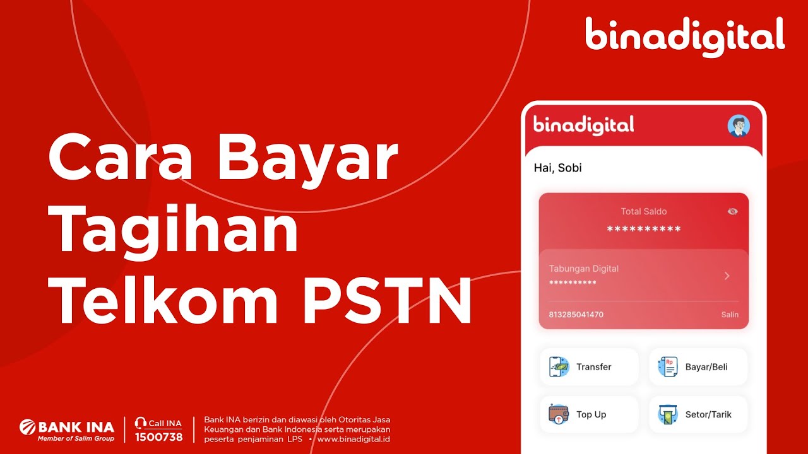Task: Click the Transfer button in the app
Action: [588, 367]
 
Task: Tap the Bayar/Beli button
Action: [698, 367]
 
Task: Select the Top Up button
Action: [588, 414]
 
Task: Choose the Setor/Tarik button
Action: [698, 414]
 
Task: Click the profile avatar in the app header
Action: [738, 125]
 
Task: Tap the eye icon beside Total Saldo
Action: [732, 212]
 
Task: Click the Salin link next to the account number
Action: [730, 315]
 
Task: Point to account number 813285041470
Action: [576, 315]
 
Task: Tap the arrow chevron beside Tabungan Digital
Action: [727, 276]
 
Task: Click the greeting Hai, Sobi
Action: [558, 168]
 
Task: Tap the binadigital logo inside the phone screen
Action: [583, 125]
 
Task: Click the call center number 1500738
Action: [158, 437]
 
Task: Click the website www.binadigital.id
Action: [353, 439]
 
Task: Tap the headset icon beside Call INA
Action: [141, 423]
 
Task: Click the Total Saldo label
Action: [643, 212]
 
